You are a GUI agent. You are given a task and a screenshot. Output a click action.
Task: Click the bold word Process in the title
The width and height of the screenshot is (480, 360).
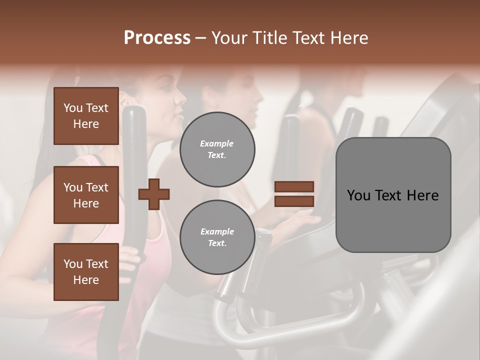157,38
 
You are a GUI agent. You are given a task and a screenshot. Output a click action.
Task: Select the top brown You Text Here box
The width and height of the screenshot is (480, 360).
86,116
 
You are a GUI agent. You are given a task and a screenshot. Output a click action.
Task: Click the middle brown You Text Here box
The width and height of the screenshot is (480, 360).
86,195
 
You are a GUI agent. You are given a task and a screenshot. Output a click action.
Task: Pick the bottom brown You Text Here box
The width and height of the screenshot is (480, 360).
86,272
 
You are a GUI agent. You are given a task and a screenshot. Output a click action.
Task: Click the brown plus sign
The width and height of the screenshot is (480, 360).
154,194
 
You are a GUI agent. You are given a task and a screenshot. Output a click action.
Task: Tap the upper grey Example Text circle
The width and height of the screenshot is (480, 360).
217,149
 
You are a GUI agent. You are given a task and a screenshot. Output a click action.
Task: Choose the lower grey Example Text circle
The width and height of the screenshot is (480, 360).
217,237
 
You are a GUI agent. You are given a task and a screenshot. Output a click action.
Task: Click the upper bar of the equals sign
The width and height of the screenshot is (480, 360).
294,187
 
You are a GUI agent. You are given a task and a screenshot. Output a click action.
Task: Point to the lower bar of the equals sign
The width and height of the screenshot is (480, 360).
294,201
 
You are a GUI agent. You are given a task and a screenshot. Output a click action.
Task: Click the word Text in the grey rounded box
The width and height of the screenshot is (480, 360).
393,195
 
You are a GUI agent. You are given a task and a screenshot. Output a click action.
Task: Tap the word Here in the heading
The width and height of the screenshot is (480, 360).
349,38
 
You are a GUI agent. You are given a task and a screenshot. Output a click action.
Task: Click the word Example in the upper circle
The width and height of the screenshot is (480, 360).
217,143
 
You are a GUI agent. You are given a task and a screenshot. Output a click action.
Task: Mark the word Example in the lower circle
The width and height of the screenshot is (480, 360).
217,231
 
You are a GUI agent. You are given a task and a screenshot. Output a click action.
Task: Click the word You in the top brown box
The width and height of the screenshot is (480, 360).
73,108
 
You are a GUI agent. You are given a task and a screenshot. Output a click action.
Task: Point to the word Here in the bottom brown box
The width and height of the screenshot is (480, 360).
86,280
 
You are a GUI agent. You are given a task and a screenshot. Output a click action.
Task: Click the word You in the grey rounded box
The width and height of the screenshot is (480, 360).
359,195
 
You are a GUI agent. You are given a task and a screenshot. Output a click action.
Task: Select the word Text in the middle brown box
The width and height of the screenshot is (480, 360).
96,187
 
